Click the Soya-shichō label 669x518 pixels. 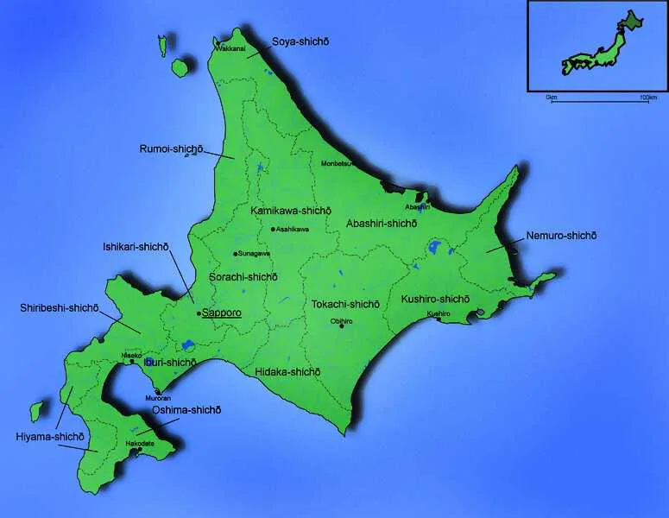point(300,41)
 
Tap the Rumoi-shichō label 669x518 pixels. point(171,149)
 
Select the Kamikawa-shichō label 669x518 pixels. point(291,211)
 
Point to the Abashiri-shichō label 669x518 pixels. point(382,223)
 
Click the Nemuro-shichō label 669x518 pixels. point(561,236)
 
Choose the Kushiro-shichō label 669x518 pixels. point(435,299)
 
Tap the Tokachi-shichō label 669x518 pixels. point(345,304)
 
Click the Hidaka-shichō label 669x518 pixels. point(287,371)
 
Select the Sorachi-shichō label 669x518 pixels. point(243,277)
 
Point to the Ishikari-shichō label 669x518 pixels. point(136,246)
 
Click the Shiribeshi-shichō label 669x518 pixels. point(60,307)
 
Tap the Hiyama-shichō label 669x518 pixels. point(48,437)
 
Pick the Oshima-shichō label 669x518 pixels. point(186,409)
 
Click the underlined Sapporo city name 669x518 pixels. point(221,313)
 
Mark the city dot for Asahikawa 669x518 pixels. point(273,230)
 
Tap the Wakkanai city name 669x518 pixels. point(230,49)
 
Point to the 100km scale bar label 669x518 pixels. point(647,98)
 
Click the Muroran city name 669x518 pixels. point(157,399)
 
